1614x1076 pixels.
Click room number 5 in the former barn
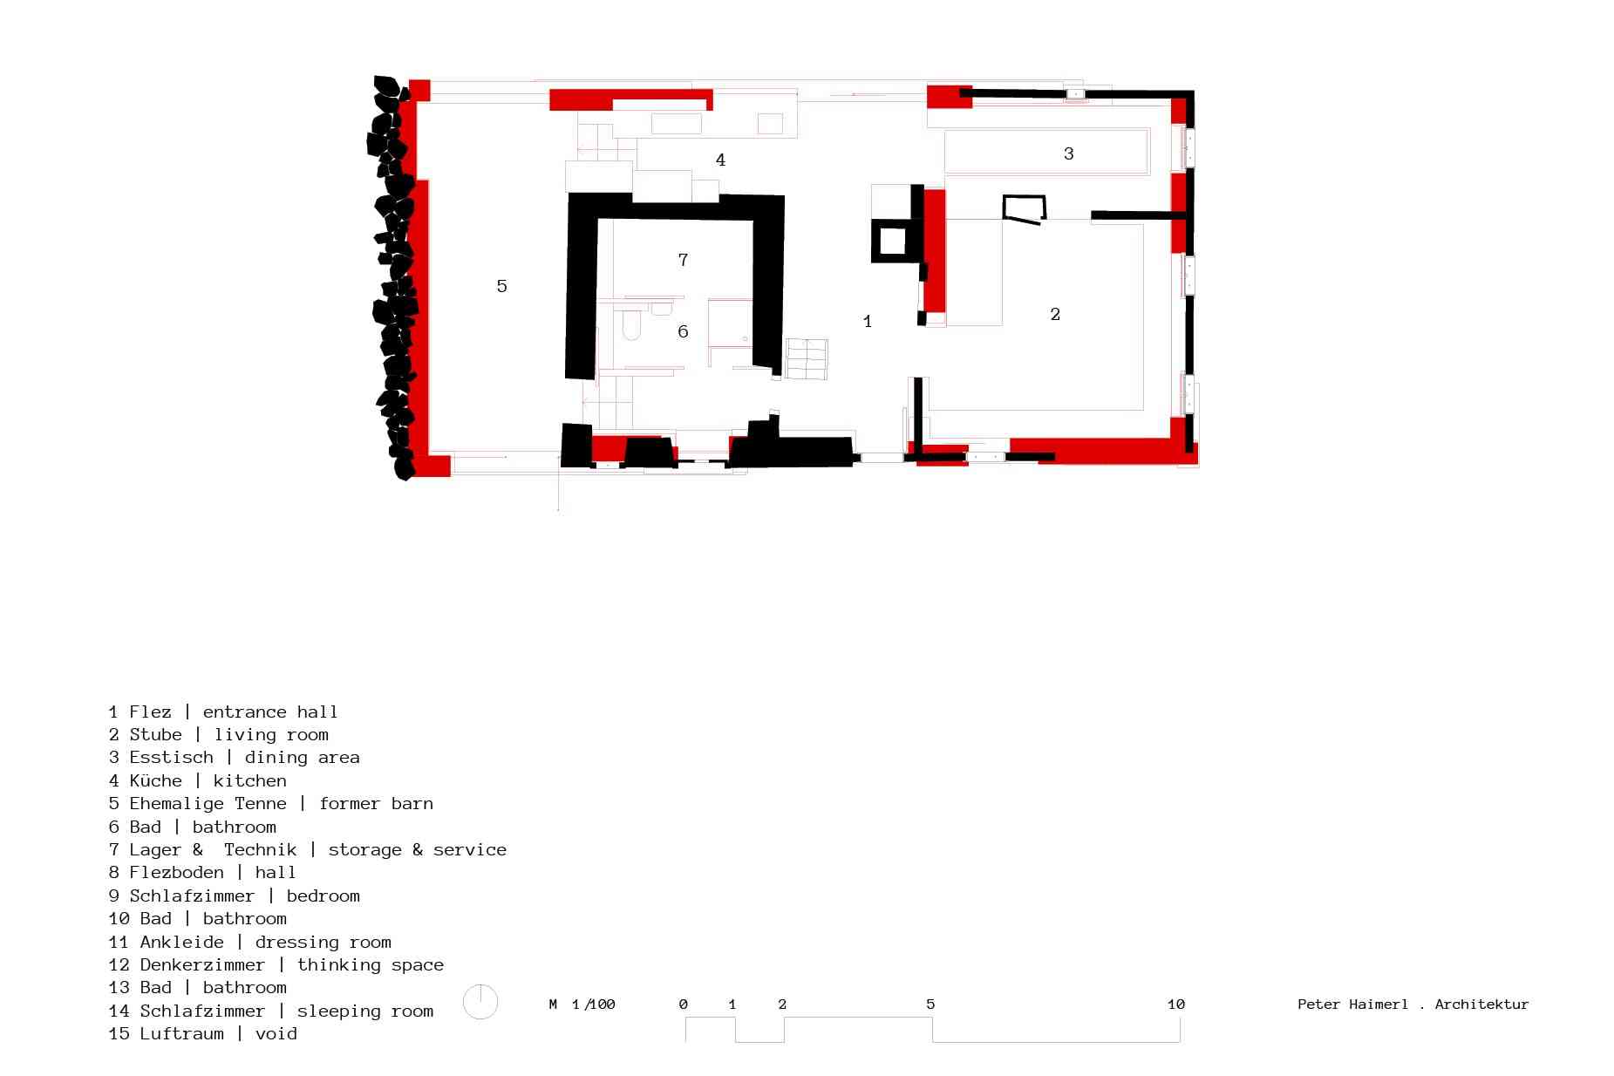501,286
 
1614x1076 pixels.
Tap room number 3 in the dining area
1068,153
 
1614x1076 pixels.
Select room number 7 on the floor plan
683,259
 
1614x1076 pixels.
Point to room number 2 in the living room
1055,314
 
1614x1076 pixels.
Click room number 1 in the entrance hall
867,322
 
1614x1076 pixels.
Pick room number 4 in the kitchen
720,160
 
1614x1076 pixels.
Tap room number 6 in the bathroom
683,331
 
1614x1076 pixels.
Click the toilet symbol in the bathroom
632,327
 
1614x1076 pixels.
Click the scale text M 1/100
582,1004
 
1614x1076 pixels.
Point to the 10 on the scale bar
1175,1004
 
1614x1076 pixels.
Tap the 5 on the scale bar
930,1004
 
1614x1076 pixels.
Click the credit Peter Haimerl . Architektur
1413,1004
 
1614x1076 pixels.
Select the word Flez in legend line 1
150,712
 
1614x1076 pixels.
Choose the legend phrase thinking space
371,965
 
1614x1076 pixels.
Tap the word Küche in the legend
156,780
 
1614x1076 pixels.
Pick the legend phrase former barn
376,803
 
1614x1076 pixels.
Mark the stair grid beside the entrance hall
807,358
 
